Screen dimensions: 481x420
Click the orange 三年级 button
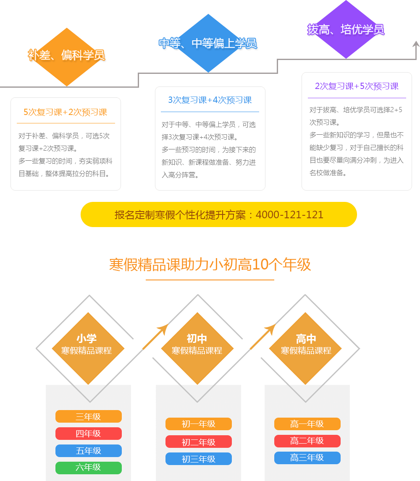point(88,416)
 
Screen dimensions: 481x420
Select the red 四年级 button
point(88,434)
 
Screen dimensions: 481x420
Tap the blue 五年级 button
point(88,451)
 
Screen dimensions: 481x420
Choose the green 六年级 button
point(88,468)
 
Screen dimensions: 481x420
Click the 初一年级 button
point(198,424)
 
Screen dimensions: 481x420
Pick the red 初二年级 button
point(198,442)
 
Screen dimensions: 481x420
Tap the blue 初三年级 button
point(198,459)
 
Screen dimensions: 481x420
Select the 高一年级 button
point(307,424)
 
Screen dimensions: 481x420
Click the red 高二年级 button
point(307,441)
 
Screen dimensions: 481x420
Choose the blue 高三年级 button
point(307,458)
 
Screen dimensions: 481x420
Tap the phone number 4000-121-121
point(289,214)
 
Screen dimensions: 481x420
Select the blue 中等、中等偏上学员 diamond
point(208,43)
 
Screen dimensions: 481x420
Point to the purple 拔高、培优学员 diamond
point(345,29)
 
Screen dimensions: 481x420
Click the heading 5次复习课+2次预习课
point(66,112)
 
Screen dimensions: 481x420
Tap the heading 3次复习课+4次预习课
point(210,100)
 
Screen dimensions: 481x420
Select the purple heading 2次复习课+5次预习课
point(357,86)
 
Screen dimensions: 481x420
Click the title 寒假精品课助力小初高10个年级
point(210,265)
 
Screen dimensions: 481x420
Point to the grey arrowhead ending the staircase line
point(416,44)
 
